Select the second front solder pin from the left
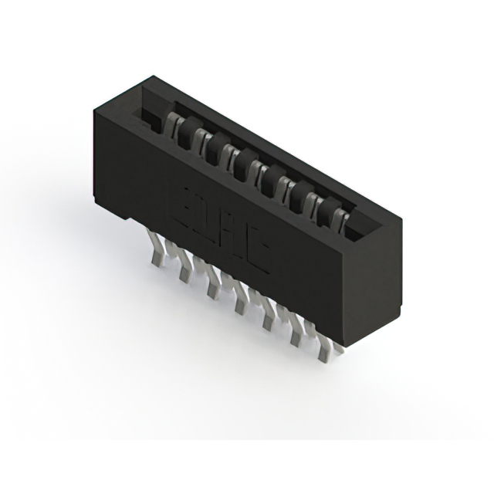tap(185, 269)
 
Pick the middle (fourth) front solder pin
tap(240, 303)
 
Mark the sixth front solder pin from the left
tap(296, 336)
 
